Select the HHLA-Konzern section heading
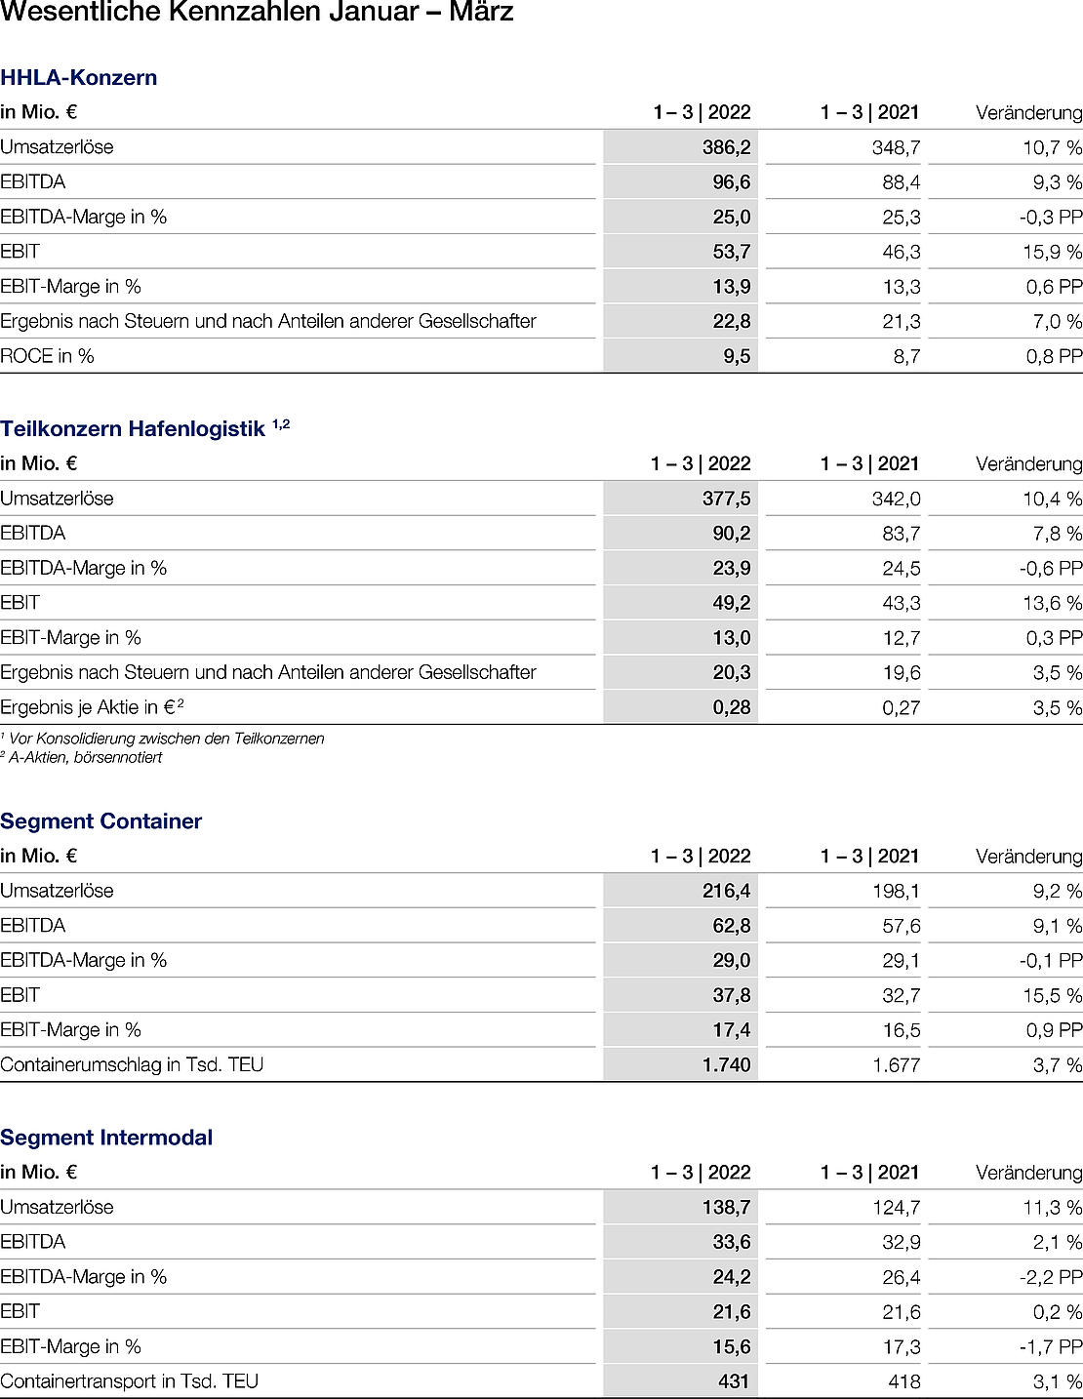(79, 78)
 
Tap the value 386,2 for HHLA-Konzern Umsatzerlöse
(726, 147)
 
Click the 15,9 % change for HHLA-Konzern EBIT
(1052, 252)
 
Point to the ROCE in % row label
(47, 356)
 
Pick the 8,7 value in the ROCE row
(906, 357)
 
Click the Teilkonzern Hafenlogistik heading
(133, 428)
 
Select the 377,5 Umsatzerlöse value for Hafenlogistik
(726, 499)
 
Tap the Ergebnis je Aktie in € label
(92, 707)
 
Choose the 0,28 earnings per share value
(731, 707)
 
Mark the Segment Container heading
(101, 821)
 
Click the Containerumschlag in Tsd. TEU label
(132, 1064)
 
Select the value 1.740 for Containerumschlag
(726, 1064)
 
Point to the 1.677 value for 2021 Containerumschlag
(896, 1065)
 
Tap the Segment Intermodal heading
(106, 1138)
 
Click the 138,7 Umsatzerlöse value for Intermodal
(726, 1207)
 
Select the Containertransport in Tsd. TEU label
(129, 1380)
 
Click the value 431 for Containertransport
(733, 1380)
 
